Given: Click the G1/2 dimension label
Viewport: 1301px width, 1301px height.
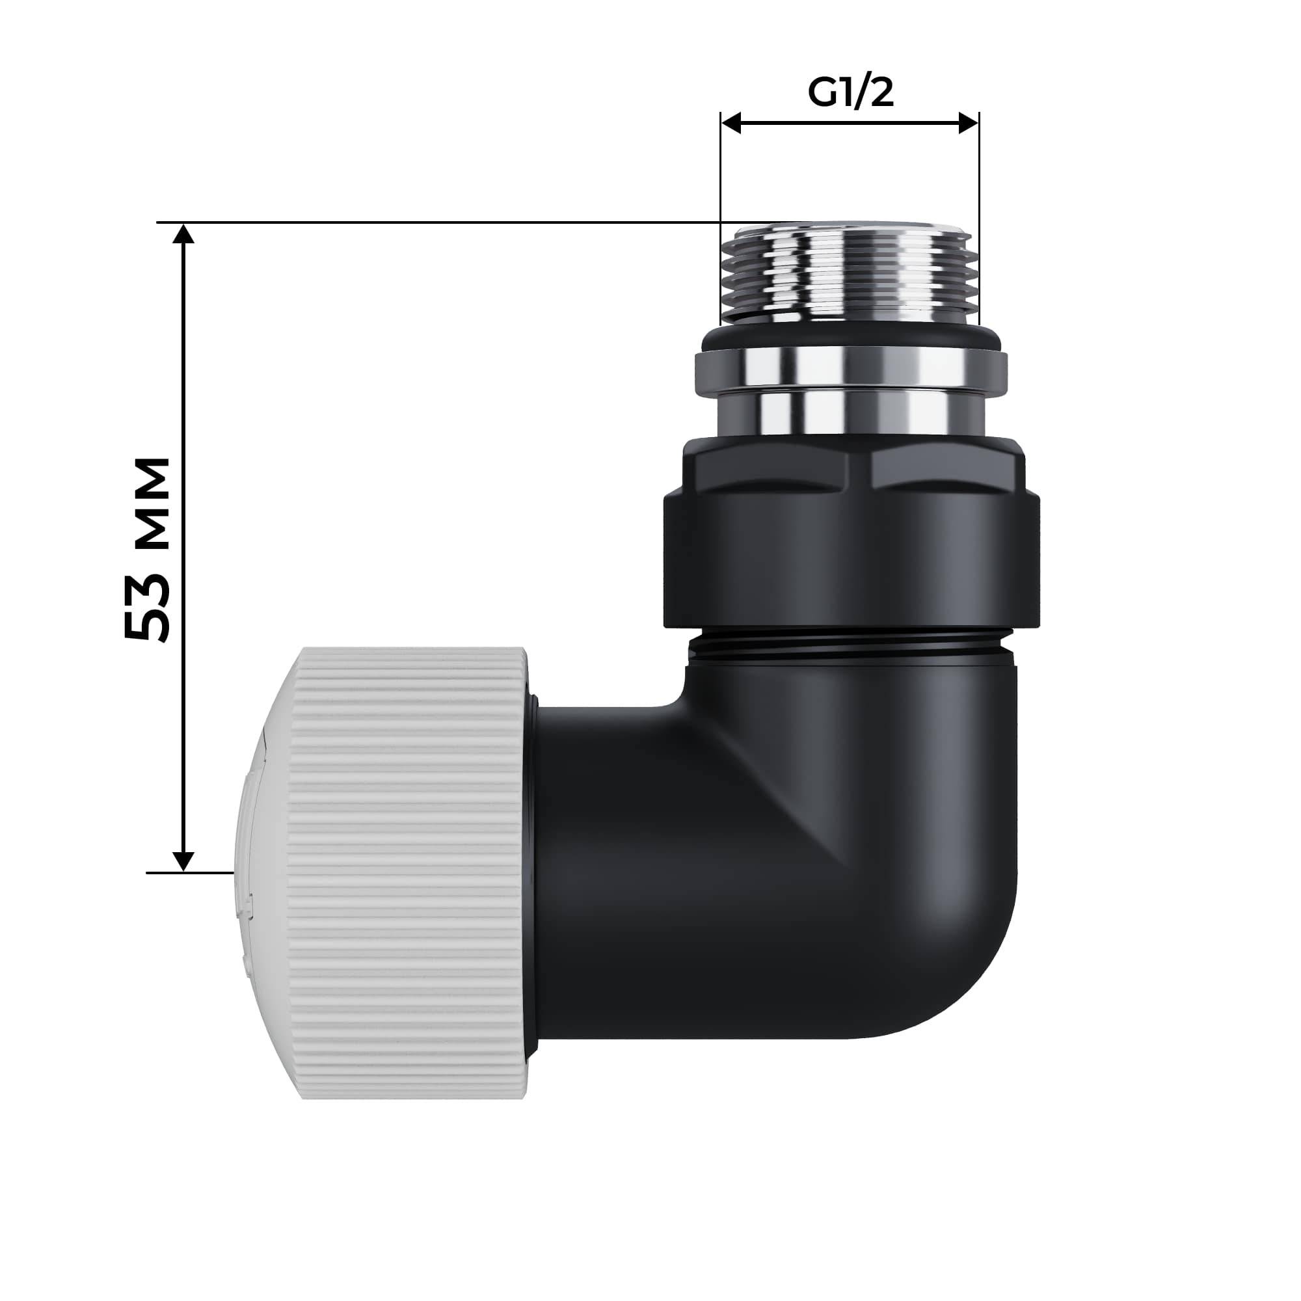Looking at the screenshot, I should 850,94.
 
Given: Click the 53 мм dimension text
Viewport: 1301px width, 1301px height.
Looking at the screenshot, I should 148,548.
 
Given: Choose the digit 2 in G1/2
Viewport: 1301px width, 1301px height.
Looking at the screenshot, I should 881,94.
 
